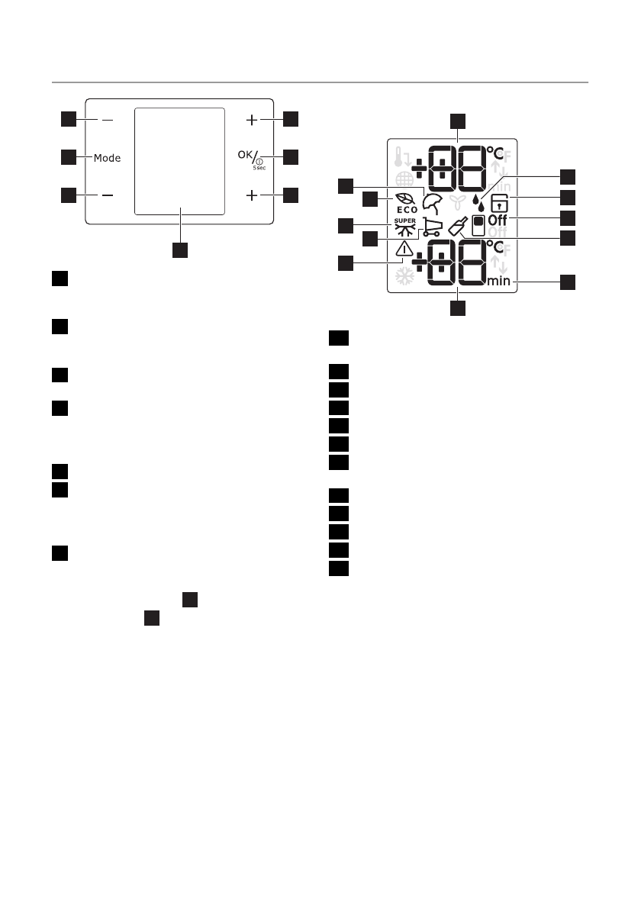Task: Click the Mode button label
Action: coord(108,158)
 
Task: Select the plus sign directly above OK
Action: coord(253,120)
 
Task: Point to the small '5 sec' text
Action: coord(259,167)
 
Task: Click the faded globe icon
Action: coord(404,183)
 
